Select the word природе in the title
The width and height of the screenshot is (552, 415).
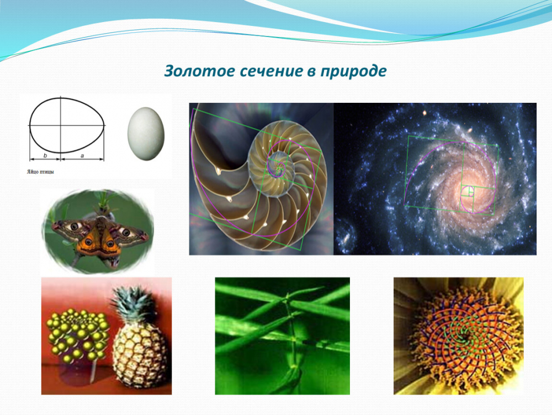pos(353,71)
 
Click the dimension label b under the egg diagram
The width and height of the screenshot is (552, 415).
pos(45,155)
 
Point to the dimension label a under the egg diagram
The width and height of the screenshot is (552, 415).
pos(82,155)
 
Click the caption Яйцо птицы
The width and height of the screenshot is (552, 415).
pos(40,172)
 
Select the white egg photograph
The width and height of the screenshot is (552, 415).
pos(146,134)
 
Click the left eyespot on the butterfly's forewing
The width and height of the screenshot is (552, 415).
pos(75,226)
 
